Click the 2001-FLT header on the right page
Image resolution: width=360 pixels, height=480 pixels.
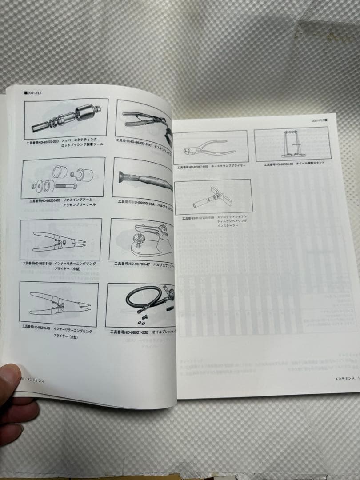(319, 120)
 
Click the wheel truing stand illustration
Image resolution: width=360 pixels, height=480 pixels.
(291, 143)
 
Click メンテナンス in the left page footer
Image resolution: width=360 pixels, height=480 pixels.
(35, 380)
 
